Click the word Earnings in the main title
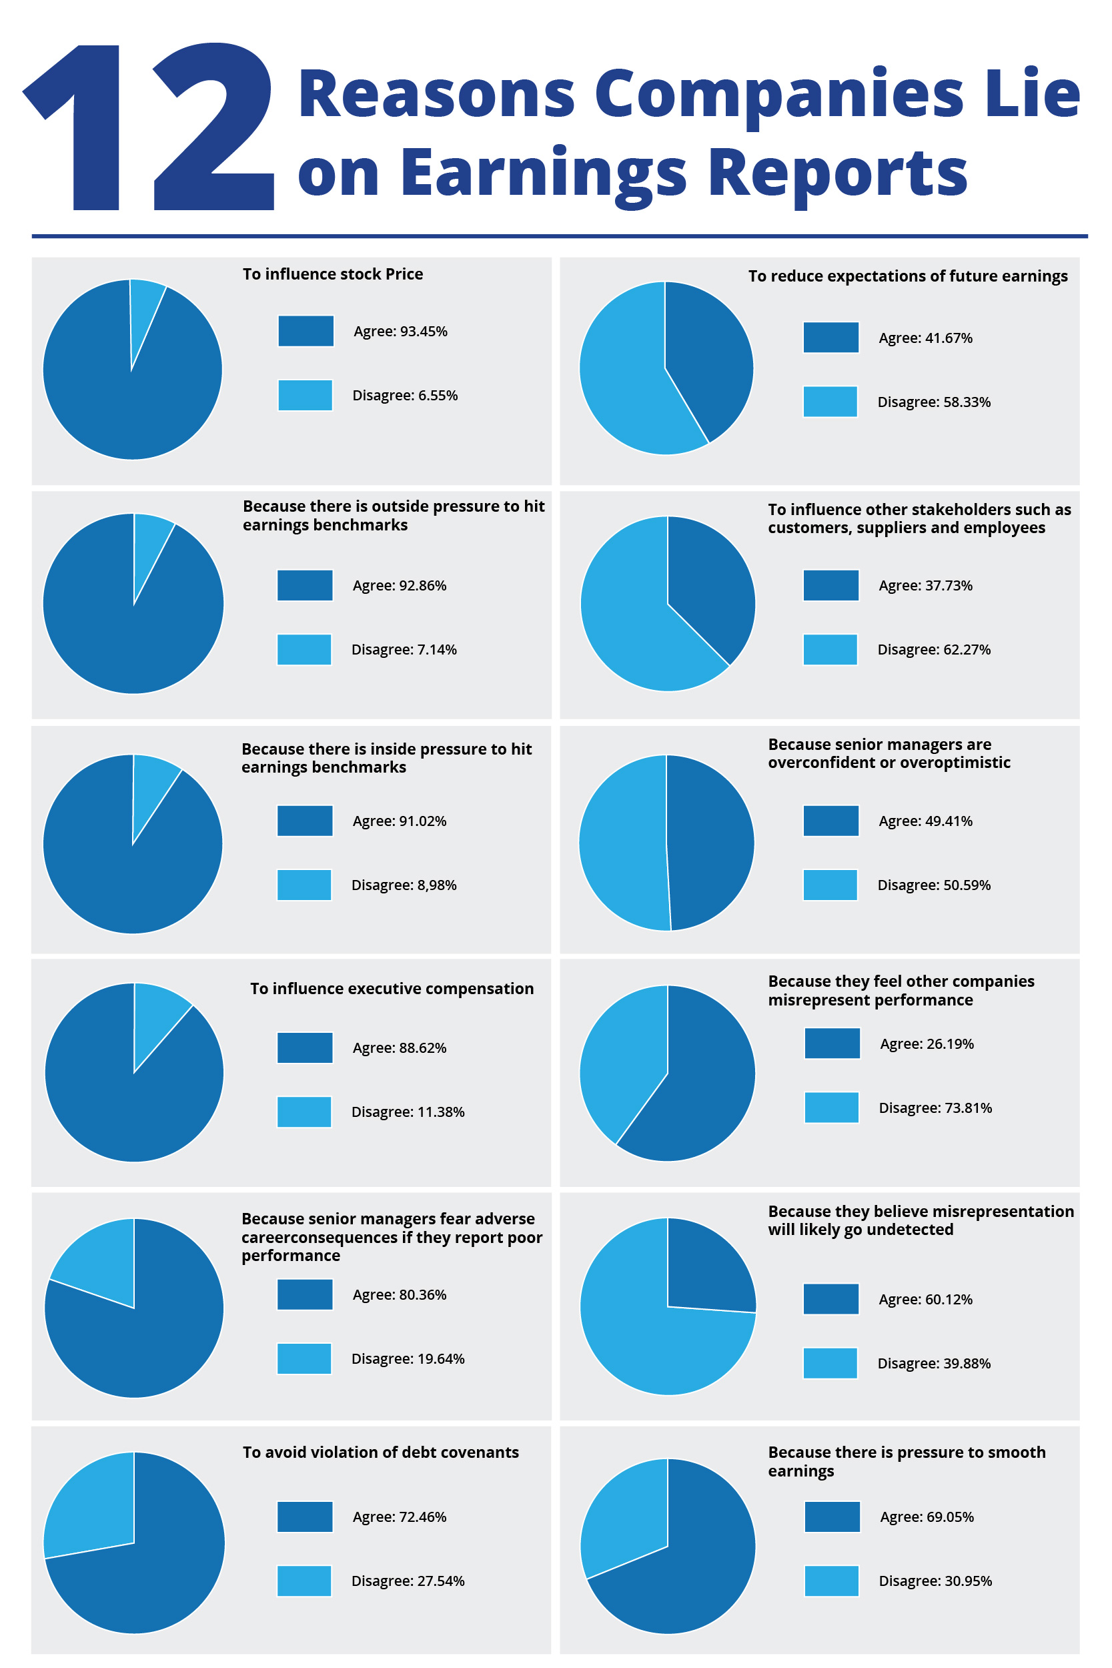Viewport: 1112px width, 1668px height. [x=544, y=174]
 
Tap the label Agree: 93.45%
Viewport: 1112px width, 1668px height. [x=401, y=331]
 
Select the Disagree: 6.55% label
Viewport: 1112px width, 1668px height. [x=405, y=395]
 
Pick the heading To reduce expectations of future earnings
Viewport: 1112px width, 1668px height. [x=908, y=276]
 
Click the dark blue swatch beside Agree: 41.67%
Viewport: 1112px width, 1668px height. [x=831, y=337]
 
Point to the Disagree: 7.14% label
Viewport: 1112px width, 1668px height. [x=404, y=650]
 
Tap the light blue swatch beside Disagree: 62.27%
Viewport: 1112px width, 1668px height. [x=830, y=650]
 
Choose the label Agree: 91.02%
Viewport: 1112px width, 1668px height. [x=400, y=821]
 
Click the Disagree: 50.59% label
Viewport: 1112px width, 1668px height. [x=934, y=885]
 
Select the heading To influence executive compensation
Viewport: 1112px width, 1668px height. [x=392, y=989]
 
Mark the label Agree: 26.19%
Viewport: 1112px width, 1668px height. [x=927, y=1044]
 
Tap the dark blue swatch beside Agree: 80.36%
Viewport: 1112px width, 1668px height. [x=305, y=1294]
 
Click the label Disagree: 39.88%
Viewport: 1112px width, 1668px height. [x=934, y=1363]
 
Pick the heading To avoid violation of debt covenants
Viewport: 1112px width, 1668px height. [x=381, y=1452]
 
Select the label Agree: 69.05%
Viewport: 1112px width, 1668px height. [x=927, y=1517]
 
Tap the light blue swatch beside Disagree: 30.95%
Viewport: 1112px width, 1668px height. [x=832, y=1581]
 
